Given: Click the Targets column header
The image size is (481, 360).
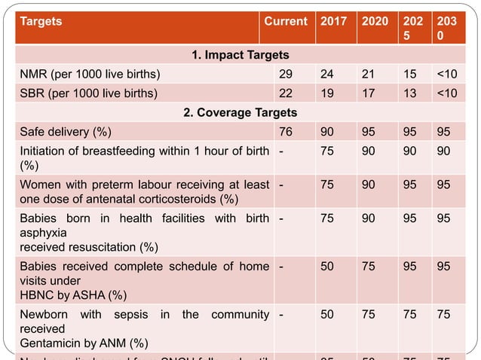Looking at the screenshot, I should pyautogui.click(x=41, y=22).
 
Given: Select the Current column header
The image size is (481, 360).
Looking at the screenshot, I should pyautogui.click(x=285, y=22).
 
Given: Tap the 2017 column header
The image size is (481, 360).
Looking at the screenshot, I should pyautogui.click(x=334, y=22).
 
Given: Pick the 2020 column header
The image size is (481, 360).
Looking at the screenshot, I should pyautogui.click(x=375, y=22).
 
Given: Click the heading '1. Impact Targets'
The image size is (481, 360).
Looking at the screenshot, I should pyautogui.click(x=238, y=55).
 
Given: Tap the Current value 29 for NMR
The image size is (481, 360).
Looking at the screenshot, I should pyautogui.click(x=285, y=74).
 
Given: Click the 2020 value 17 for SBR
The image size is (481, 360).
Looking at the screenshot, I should pyautogui.click(x=369, y=93).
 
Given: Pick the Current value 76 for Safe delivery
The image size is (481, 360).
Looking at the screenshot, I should pyautogui.click(x=285, y=133).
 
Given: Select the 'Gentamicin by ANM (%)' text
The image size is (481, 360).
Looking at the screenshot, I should pyautogui.click(x=83, y=343).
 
